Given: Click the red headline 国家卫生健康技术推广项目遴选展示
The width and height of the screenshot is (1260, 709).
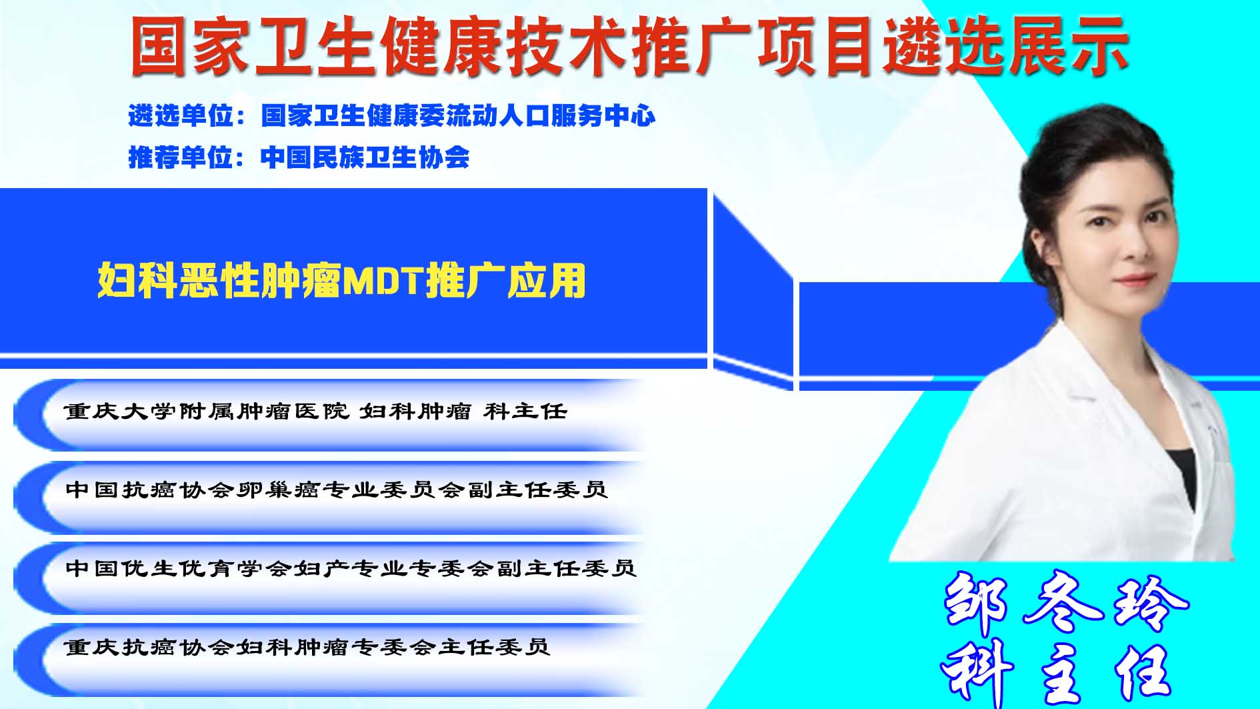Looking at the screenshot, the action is click(629, 46).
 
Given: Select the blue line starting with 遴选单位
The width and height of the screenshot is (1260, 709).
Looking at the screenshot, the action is click(392, 116).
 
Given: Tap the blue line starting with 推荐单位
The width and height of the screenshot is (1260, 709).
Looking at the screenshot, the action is click(299, 157).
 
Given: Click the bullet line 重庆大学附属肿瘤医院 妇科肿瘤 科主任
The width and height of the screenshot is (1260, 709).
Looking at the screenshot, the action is click(316, 412).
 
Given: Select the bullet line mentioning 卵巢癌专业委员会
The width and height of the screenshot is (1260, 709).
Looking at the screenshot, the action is click(337, 490).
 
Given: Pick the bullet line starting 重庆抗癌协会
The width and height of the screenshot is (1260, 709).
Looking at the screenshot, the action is click(307, 647).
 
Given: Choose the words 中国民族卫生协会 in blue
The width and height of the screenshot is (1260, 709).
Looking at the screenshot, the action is click(365, 157).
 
